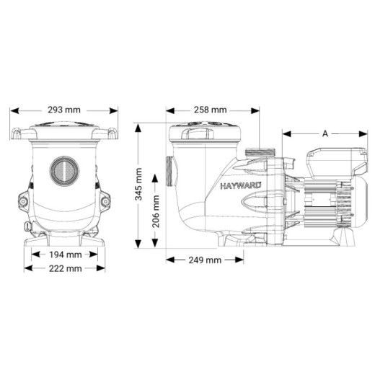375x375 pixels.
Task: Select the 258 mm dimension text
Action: coord(211,110)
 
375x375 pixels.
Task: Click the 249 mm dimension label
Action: coord(204,260)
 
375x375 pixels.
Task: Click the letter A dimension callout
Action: coord(325,133)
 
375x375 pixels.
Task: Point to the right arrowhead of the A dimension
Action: coord(365,133)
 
